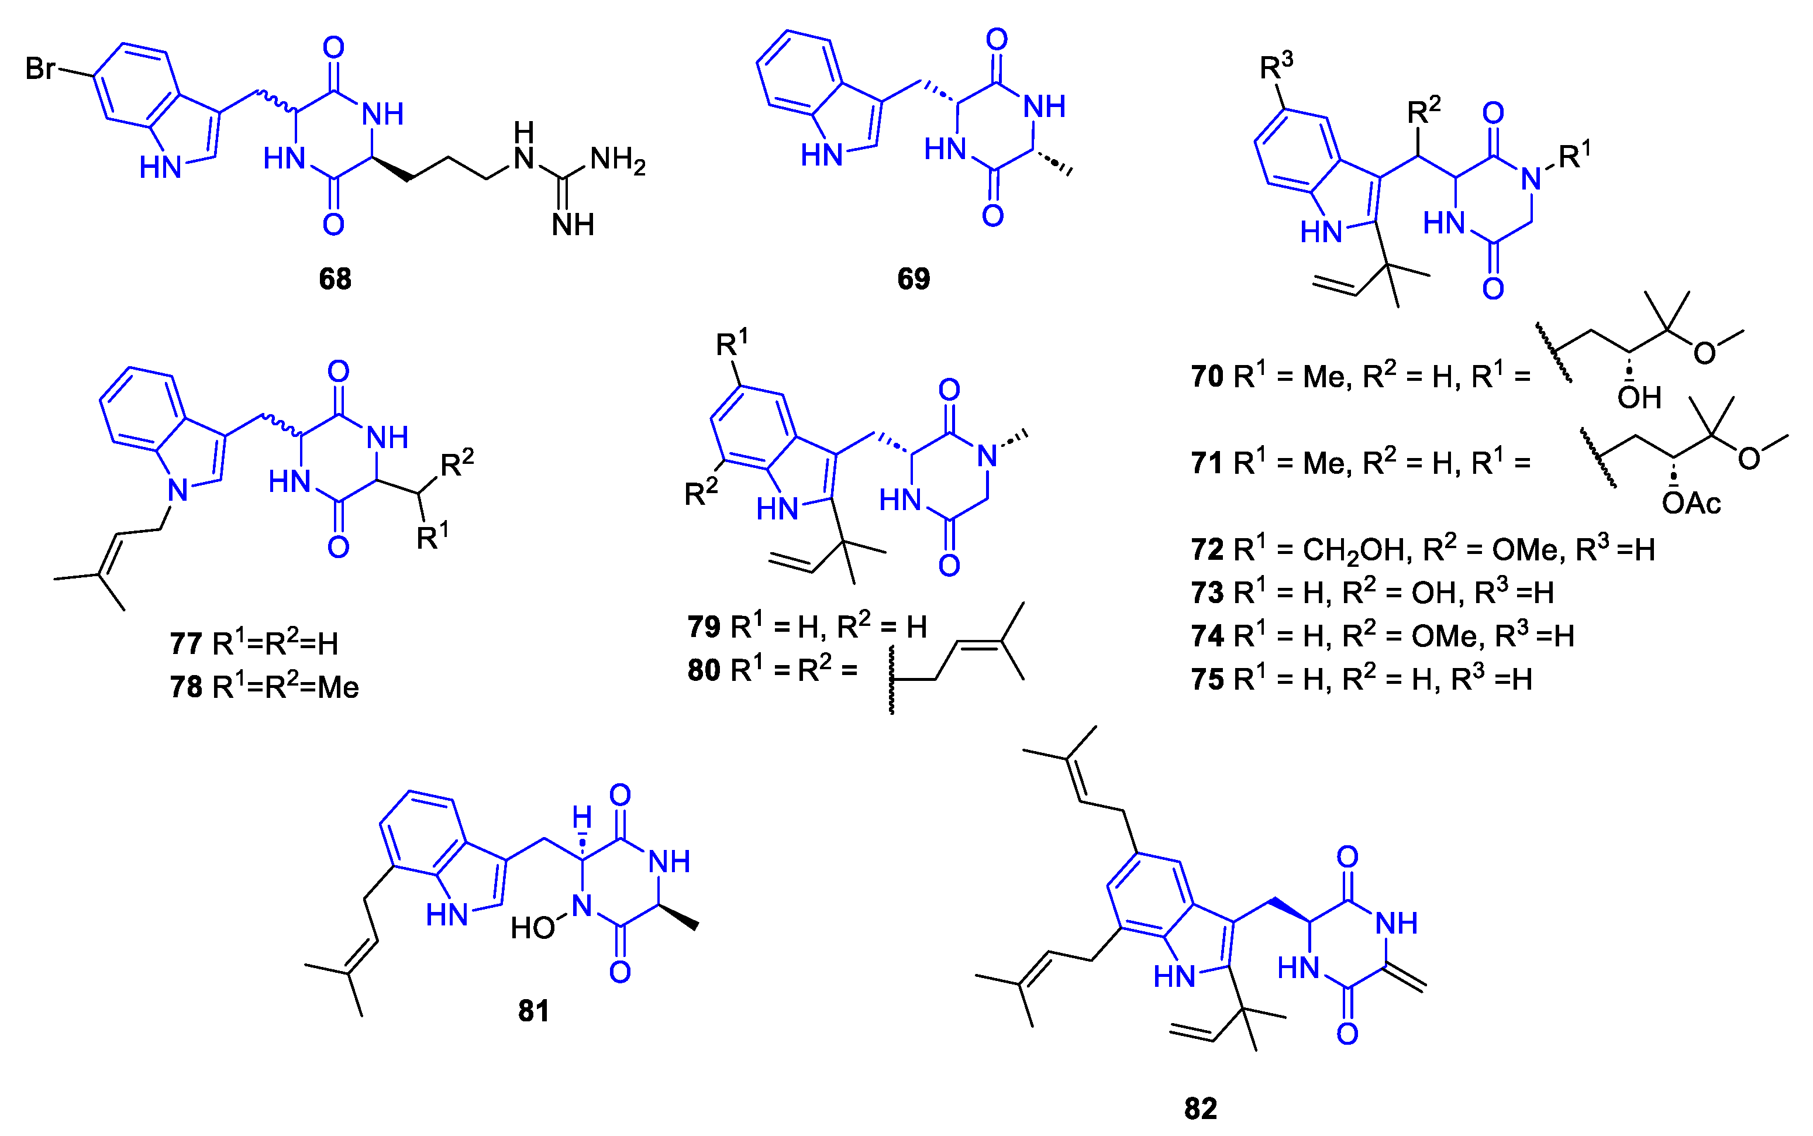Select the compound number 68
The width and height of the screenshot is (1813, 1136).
point(335,279)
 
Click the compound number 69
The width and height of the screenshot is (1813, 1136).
point(914,279)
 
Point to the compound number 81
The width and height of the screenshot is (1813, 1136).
point(533,1011)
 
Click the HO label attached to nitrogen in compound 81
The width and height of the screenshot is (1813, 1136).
point(532,928)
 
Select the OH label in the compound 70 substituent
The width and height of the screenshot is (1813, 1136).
point(1639,397)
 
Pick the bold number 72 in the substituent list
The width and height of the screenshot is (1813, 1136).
point(1207,550)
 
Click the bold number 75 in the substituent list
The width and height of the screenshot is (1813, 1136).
point(1207,679)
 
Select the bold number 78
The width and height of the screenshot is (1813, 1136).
point(185,687)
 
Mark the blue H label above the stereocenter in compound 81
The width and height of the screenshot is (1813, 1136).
point(582,817)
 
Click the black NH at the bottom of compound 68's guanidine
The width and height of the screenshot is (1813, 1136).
point(573,224)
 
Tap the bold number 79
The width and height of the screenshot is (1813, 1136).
point(704,626)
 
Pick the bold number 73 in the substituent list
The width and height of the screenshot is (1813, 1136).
point(1207,593)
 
